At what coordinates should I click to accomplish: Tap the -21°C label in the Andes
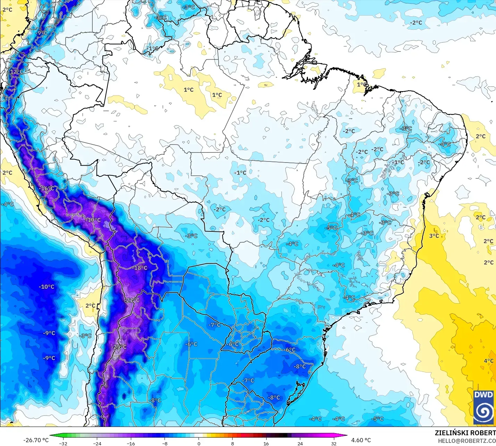point(132,300)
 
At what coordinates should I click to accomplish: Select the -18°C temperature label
point(140,268)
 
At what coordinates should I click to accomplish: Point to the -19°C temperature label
point(94,220)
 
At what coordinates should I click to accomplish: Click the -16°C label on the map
point(48,189)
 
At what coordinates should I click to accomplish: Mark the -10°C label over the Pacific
point(47,287)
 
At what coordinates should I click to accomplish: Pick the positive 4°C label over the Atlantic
point(488,361)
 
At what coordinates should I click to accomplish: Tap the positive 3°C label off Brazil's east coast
point(434,236)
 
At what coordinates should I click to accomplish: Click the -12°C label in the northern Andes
point(16,72)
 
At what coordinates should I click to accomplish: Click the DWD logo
point(484,407)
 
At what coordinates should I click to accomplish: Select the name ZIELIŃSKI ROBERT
point(465,433)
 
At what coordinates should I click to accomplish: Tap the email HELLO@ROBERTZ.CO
point(466,441)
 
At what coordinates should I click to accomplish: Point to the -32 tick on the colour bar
point(63,443)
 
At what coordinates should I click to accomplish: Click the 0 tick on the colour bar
point(199,443)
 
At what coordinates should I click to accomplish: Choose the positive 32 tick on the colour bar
point(334,443)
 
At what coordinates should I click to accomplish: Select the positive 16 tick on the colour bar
point(266,443)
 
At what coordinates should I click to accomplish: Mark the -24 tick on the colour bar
point(97,443)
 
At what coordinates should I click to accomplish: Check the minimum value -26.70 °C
point(36,440)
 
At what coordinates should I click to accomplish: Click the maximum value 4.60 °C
point(361,440)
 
